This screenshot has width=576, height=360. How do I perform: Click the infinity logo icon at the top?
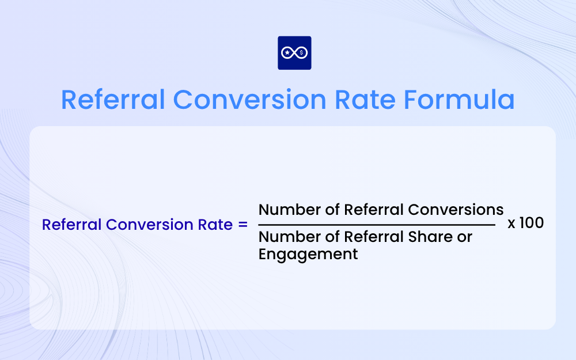tap(294, 53)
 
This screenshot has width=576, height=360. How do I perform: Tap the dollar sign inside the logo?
tap(302, 53)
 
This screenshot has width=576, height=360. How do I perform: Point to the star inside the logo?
tap(287, 53)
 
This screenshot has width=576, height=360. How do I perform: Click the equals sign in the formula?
tap(242, 225)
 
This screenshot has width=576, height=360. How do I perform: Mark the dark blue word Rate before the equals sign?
tap(216, 225)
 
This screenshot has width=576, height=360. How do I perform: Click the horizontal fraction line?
tap(376, 225)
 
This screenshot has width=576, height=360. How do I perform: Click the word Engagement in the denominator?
tap(308, 254)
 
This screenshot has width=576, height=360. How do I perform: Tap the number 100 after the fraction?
tap(532, 223)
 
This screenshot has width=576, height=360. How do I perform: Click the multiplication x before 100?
tap(511, 223)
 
